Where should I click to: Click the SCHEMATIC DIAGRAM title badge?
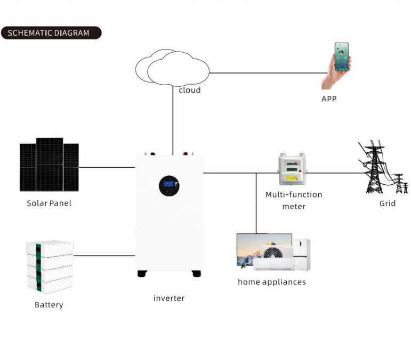(51, 32)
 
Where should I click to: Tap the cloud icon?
(172, 68)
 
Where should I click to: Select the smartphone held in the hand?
(342, 56)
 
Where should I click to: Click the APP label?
(329, 99)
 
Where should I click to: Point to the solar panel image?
(49, 165)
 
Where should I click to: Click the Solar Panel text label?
(49, 203)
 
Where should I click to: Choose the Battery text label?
(49, 305)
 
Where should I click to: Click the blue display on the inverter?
(168, 184)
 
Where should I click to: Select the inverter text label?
(169, 298)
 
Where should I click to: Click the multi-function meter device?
(292, 169)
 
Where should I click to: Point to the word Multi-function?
(294, 194)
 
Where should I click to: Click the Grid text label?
(388, 203)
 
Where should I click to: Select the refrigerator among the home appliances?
(302, 254)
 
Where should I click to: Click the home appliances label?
(272, 282)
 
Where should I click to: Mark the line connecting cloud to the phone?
(269, 73)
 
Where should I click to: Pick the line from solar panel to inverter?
(107, 167)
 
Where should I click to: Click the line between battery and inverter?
(104, 256)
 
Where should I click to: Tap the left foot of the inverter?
(142, 274)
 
